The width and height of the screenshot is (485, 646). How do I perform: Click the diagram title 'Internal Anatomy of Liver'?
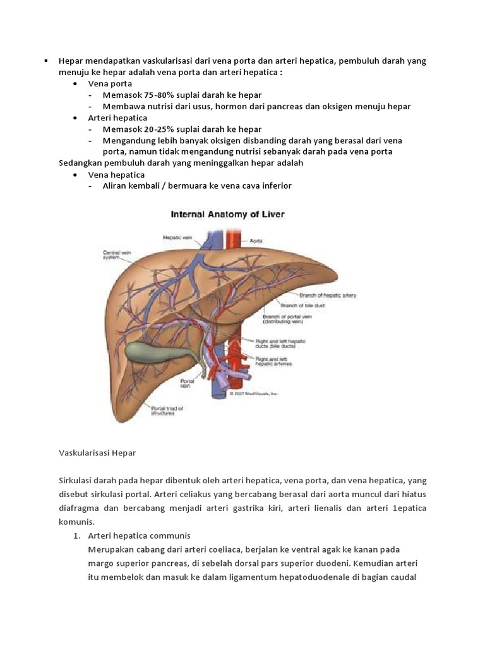click(x=228, y=214)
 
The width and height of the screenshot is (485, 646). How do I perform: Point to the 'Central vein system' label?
click(x=117, y=255)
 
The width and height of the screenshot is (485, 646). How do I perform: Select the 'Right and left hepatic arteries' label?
click(x=274, y=361)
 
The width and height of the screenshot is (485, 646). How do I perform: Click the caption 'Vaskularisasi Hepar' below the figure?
click(x=97, y=453)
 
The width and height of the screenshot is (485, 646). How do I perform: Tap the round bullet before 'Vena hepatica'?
click(x=76, y=175)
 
